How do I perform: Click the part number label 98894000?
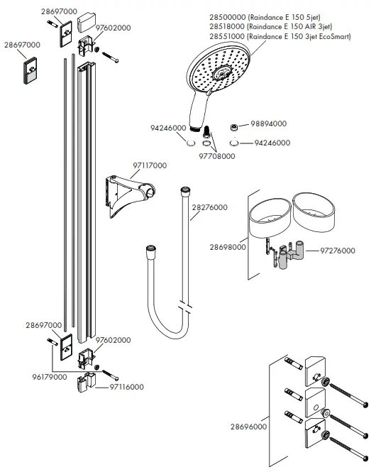(268, 123)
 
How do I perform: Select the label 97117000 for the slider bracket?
(149, 165)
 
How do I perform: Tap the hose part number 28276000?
(209, 208)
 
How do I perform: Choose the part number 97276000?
(338, 251)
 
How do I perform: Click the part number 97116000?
(128, 387)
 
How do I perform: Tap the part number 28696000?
(248, 427)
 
